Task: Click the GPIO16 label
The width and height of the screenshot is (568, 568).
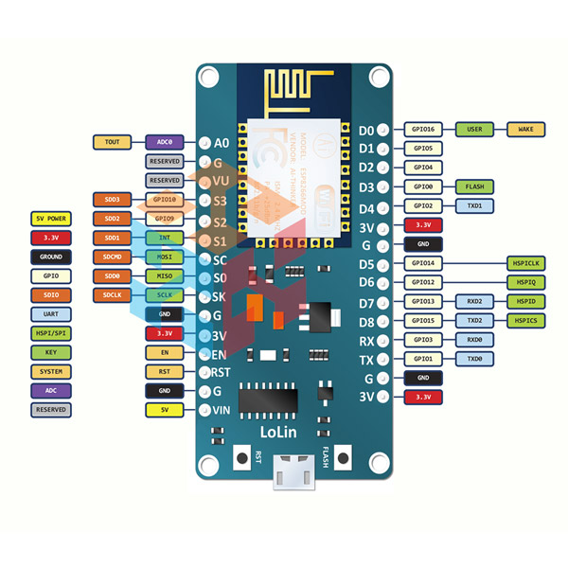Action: tap(421, 129)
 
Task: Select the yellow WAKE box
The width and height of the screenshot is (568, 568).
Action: tap(525, 129)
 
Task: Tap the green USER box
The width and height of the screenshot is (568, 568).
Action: tap(474, 129)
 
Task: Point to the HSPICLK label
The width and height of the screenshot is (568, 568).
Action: tap(525, 263)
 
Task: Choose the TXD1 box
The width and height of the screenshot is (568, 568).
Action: tap(474, 205)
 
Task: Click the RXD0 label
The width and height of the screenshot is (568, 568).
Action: tap(474, 340)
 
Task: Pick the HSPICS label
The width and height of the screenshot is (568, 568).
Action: tap(525, 321)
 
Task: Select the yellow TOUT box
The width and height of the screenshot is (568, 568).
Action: tap(112, 142)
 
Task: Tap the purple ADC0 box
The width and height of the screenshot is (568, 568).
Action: tap(164, 142)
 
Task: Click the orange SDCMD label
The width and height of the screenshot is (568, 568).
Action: tap(112, 257)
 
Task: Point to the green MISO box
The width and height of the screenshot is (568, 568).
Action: tap(164, 275)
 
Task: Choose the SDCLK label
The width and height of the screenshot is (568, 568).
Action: tap(112, 294)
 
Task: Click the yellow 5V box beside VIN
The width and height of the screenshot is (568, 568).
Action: tap(164, 410)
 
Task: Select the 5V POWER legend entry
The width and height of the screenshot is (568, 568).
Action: tap(50, 218)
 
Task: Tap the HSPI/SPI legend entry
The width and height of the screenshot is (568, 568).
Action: tap(50, 332)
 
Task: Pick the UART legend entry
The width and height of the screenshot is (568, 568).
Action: tap(50, 313)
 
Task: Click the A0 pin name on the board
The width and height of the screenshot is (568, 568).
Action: tap(222, 143)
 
